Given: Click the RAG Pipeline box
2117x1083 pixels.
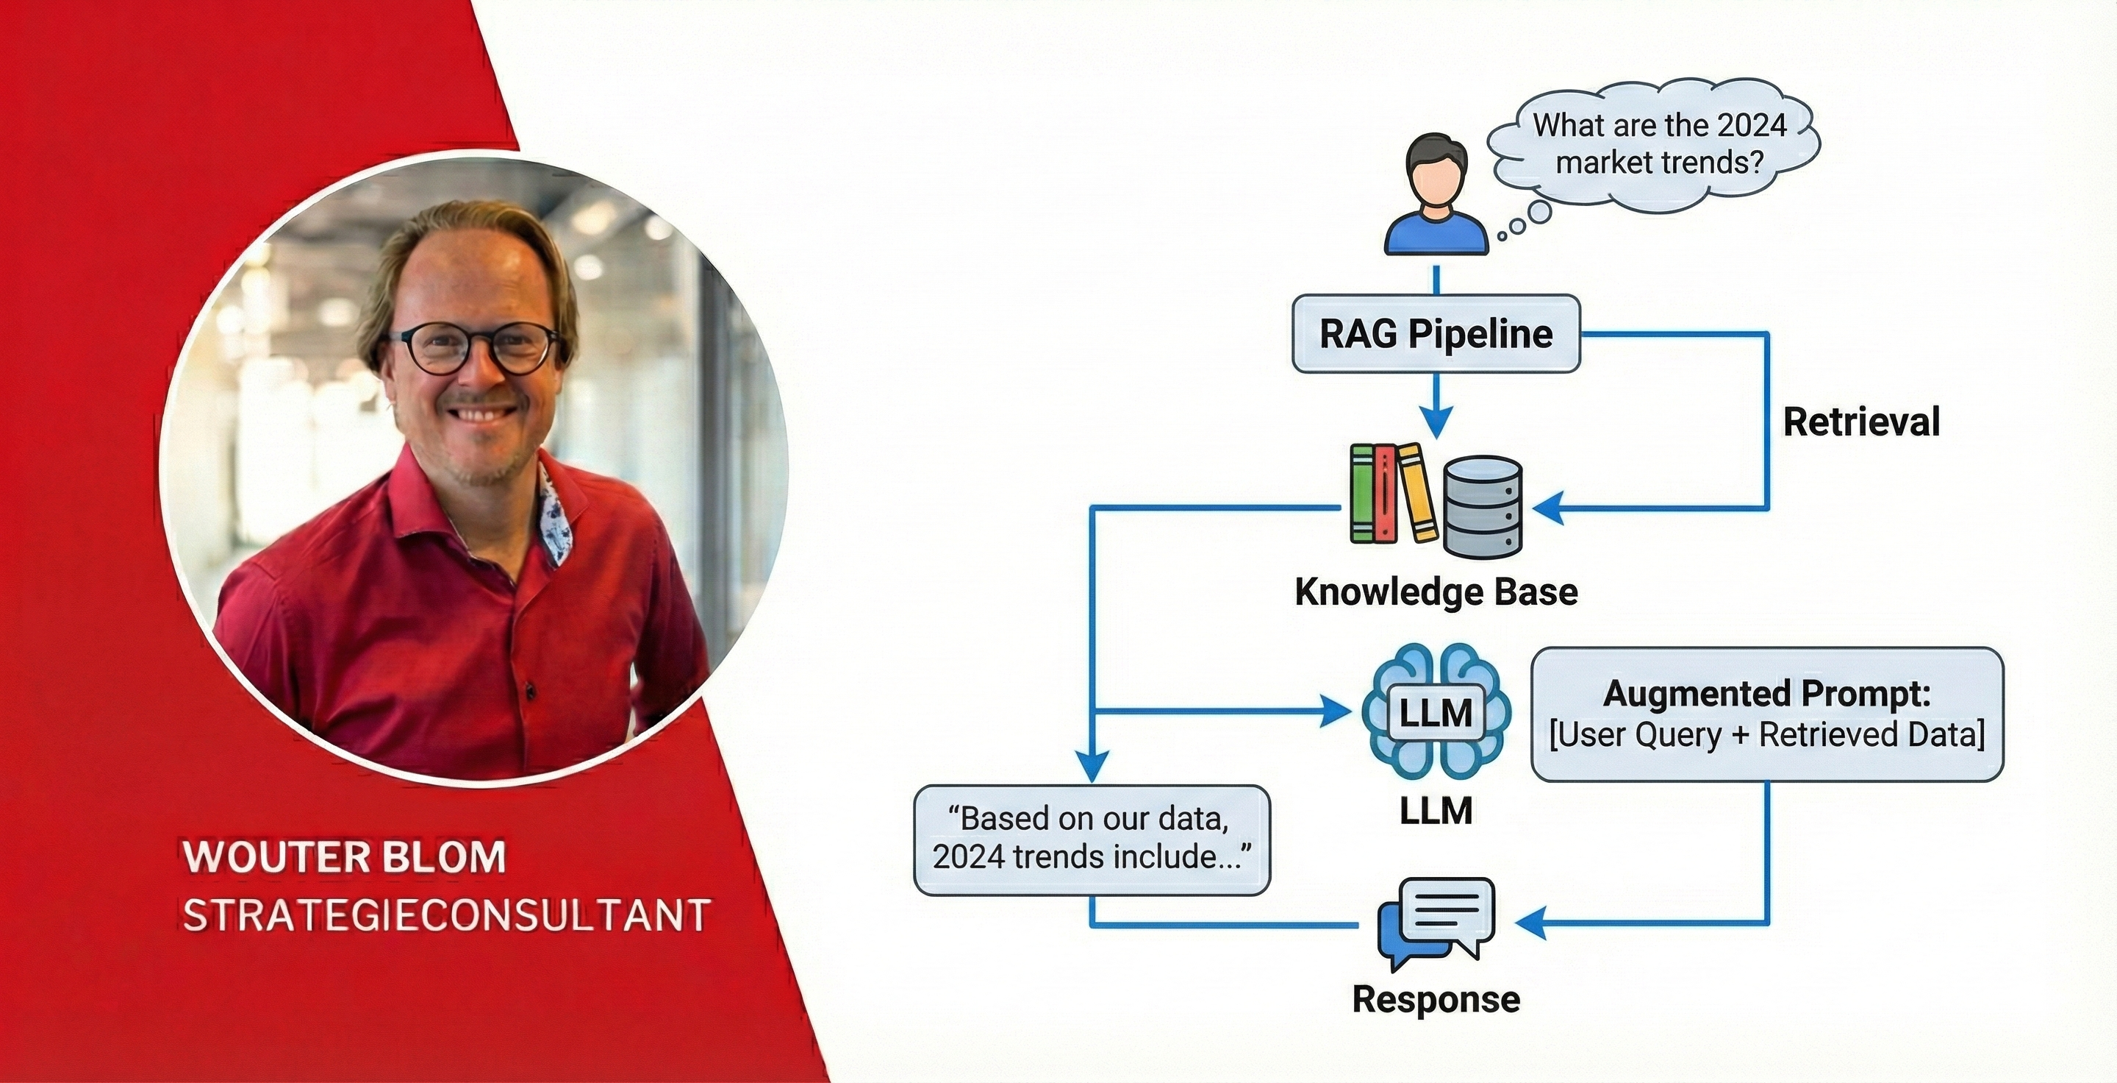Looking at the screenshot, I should (x=1436, y=333).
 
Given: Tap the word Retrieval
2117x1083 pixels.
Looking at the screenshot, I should (x=1860, y=422).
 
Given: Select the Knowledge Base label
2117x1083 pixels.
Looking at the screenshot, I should (x=1436, y=592).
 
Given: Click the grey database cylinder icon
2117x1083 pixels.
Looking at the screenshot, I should (x=1483, y=505).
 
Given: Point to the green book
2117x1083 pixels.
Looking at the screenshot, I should (x=1363, y=494).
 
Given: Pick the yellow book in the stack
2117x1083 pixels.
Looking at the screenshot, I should (x=1416, y=494).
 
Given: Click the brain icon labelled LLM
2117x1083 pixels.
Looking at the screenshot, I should (x=1436, y=712).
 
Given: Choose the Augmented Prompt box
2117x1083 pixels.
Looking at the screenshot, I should (x=1767, y=714).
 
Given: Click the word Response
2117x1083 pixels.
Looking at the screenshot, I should (x=1436, y=999).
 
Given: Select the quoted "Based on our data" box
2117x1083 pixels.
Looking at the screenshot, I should (x=1092, y=839).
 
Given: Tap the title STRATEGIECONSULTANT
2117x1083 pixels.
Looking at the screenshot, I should (x=446, y=915).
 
